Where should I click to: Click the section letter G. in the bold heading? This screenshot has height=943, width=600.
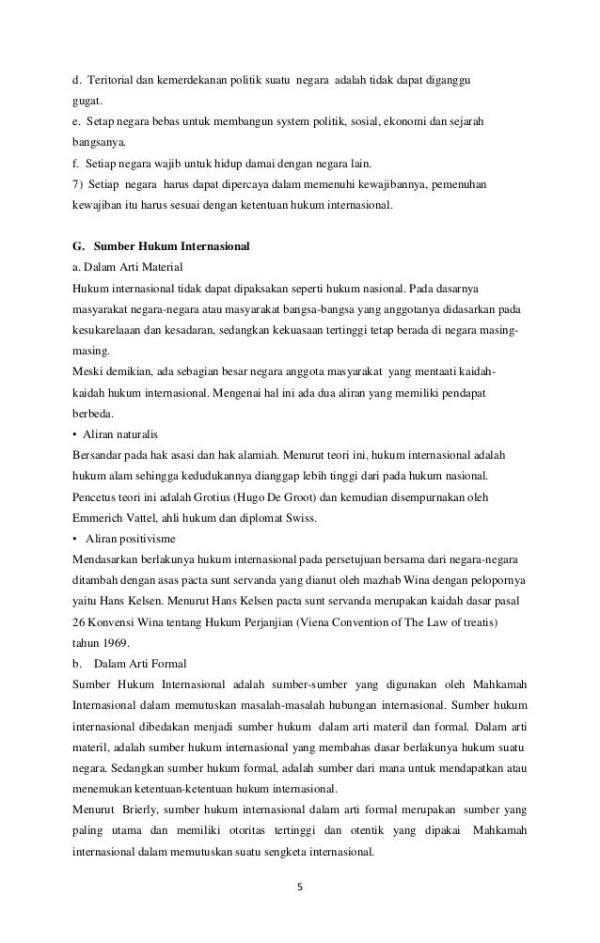79,246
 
